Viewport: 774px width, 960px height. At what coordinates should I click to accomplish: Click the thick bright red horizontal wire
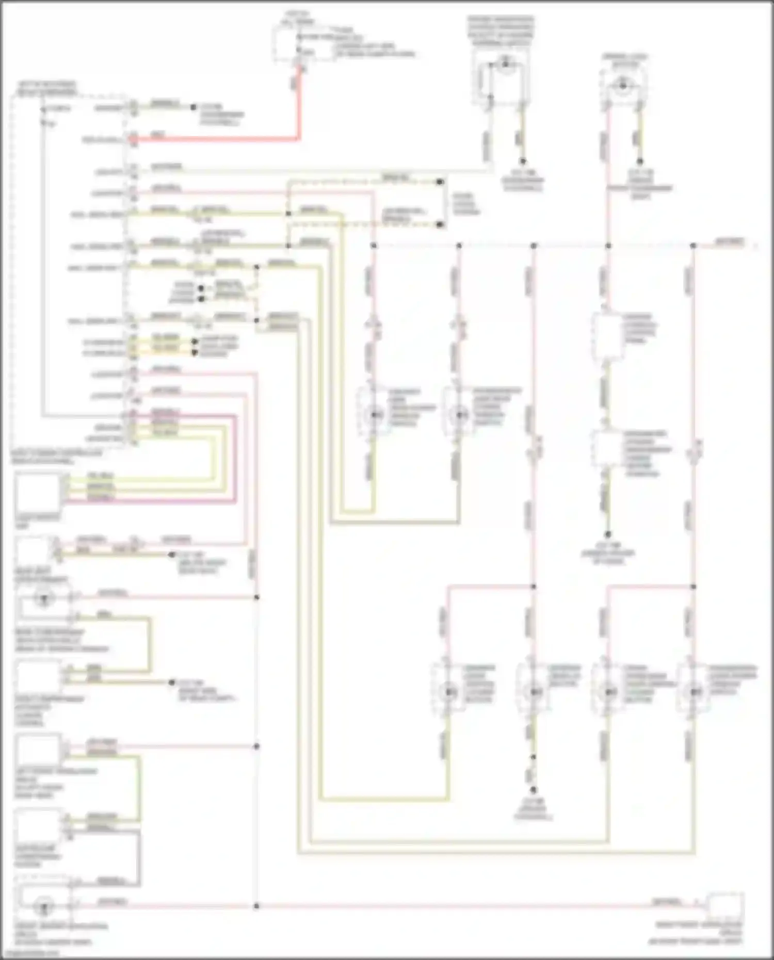217,139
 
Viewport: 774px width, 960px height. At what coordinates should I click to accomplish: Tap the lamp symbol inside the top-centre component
505,64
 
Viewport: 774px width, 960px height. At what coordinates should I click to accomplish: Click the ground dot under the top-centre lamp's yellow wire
522,161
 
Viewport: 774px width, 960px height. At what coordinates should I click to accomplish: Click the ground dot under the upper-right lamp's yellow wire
640,161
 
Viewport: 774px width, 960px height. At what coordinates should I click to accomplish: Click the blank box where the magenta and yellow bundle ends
37,492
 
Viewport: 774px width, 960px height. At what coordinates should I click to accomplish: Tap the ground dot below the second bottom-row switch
534,790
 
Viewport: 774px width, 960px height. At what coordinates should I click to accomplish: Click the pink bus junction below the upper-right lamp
608,246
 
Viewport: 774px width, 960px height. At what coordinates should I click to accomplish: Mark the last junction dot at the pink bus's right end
693,246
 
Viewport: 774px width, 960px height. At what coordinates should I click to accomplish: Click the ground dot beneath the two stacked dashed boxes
608,534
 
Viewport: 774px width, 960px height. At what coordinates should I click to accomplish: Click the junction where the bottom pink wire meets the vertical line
256,905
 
